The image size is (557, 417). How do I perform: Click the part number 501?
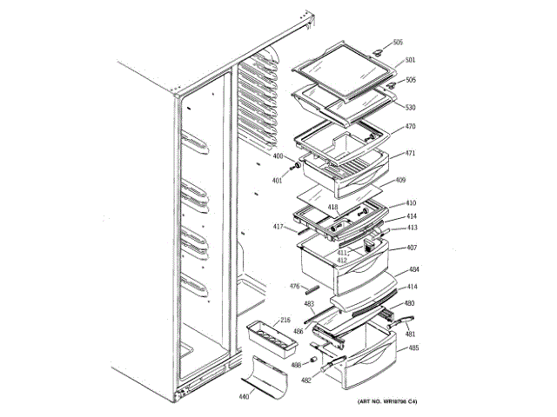(411, 60)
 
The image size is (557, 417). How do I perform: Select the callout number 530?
(411, 108)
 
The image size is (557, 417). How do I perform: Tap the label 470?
(411, 127)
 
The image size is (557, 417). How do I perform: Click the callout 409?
(401, 181)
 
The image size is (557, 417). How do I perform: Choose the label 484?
(414, 270)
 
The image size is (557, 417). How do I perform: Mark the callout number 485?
(414, 348)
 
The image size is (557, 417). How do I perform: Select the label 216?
(286, 320)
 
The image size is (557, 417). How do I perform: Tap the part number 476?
(295, 285)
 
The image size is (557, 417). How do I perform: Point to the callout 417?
(278, 228)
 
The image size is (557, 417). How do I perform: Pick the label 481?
(410, 334)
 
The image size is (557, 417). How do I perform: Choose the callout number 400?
(278, 156)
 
